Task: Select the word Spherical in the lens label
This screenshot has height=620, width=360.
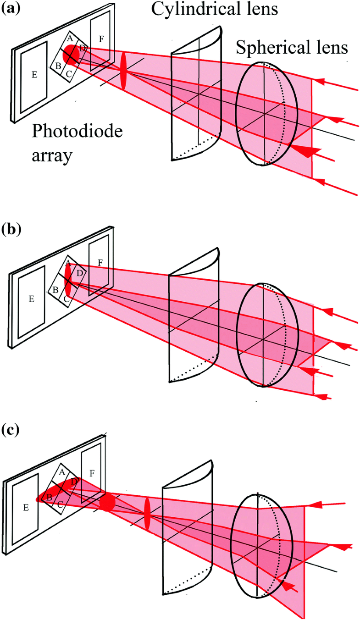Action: pyautogui.click(x=263, y=47)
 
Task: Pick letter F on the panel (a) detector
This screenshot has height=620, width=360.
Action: pyautogui.click(x=101, y=33)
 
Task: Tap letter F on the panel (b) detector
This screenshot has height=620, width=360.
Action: pyautogui.click(x=100, y=263)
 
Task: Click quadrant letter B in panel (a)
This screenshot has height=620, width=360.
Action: pyautogui.click(x=58, y=66)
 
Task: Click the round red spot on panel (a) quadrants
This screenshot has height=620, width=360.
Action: pyautogui.click(x=71, y=54)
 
